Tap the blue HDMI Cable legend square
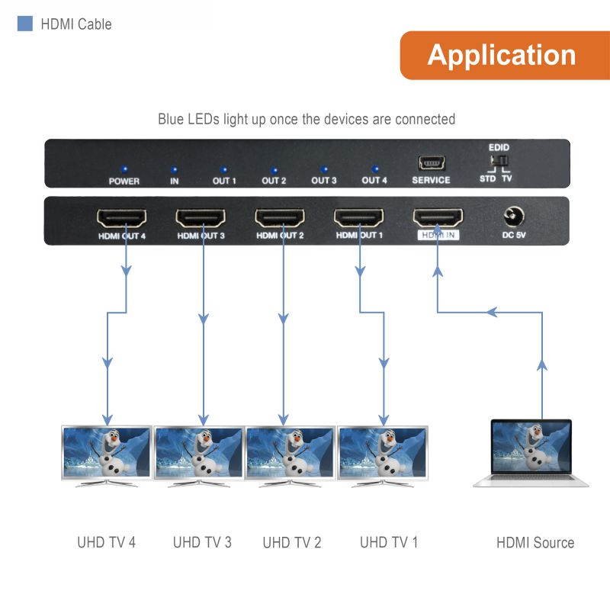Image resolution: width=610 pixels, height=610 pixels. [x=25, y=24]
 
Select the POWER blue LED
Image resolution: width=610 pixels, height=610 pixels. [x=124, y=169]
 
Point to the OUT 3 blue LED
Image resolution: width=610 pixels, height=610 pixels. [x=324, y=169]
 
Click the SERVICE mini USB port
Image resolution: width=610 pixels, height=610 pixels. [x=432, y=162]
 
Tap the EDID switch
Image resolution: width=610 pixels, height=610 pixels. [x=499, y=162]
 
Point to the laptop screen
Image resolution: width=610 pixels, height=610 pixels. [x=531, y=449]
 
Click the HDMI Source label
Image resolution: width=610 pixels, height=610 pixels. [x=535, y=543]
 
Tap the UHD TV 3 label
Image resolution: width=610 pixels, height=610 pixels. [x=202, y=543]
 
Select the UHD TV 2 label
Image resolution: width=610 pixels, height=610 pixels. [x=292, y=543]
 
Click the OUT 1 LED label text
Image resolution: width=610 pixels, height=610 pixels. [x=224, y=181]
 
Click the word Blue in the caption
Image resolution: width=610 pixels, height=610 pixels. [x=172, y=119]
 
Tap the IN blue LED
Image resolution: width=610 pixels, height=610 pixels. [x=175, y=169]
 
